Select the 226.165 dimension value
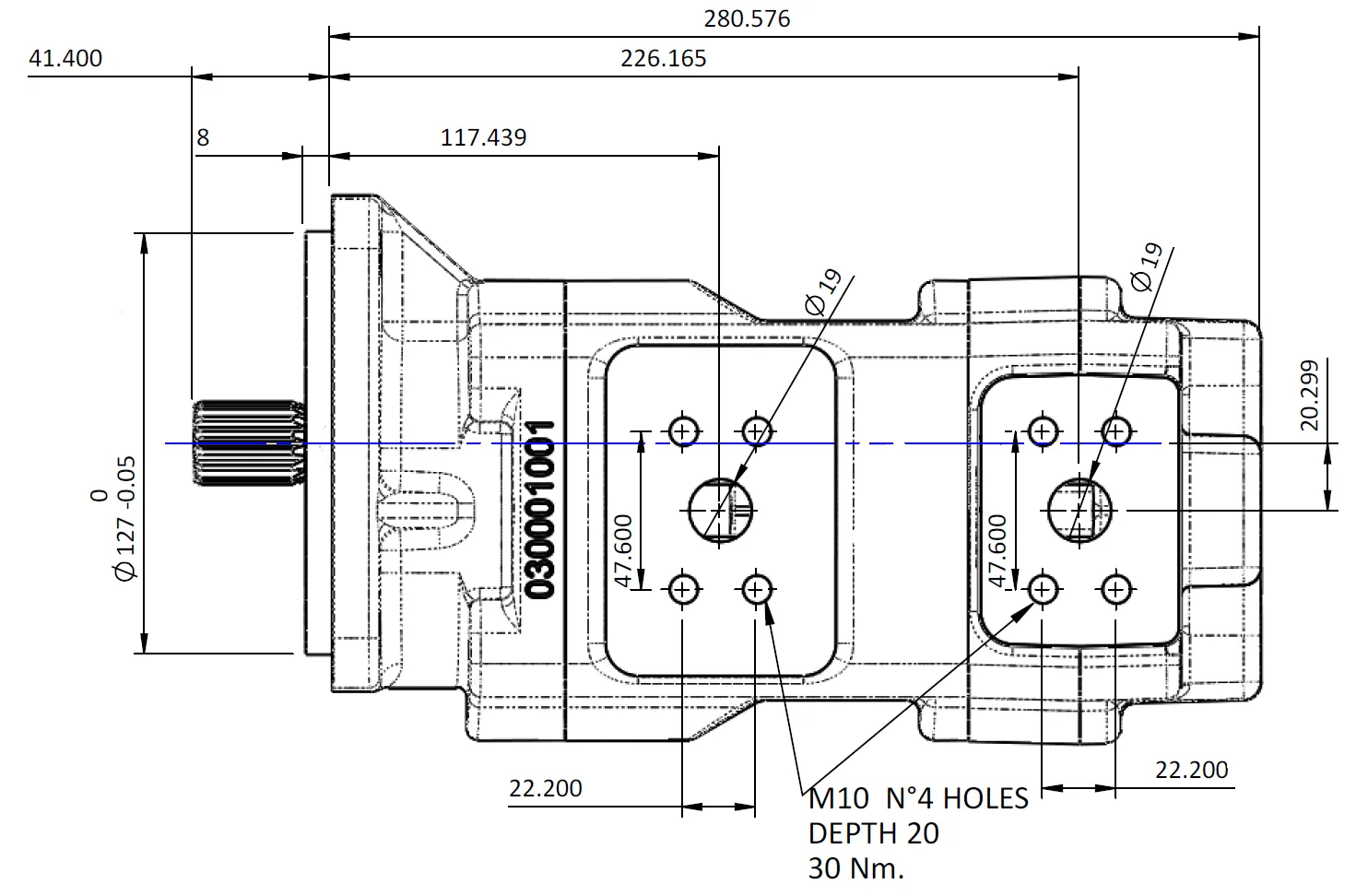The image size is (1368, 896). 663,59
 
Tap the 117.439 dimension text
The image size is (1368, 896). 483,138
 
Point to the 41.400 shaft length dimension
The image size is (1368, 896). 65,59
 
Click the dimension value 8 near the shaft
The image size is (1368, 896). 203,138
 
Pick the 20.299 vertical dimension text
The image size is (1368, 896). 1309,395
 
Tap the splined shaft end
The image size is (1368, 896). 247,443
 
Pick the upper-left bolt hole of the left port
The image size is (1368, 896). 684,430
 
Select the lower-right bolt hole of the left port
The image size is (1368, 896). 757,588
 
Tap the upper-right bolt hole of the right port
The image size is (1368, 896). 1116,430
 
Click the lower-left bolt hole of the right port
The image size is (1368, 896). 1043,588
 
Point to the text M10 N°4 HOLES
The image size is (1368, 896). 917,798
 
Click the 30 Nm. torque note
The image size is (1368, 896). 855,868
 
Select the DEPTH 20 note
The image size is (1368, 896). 873,833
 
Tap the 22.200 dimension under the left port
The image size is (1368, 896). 546,788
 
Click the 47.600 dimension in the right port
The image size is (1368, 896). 998,550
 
